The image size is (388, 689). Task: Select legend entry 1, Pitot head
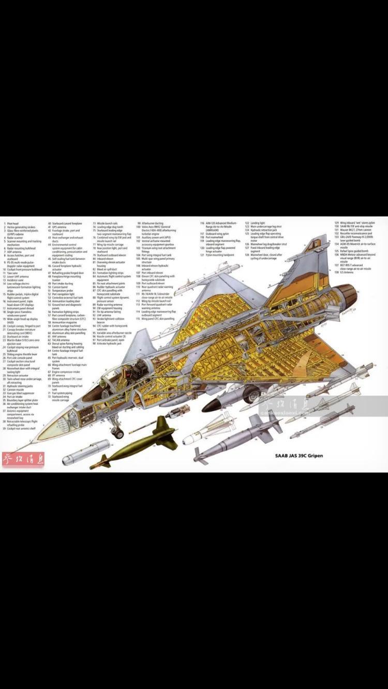pos(12,224)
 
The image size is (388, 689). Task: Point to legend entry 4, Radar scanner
pos(14,238)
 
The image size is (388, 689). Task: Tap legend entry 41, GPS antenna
pos(59,227)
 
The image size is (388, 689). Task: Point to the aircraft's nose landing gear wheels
pos(118,433)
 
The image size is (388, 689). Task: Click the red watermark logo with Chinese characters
pos(16,458)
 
